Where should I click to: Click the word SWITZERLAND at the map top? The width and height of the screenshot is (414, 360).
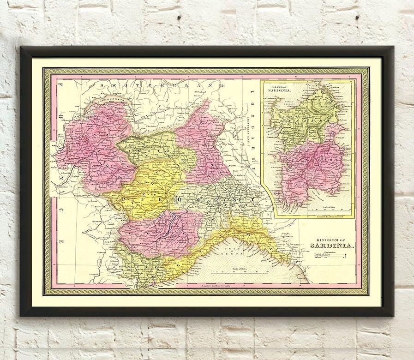(x=162, y=85)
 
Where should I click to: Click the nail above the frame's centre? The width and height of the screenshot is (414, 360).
(x=178, y=17)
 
